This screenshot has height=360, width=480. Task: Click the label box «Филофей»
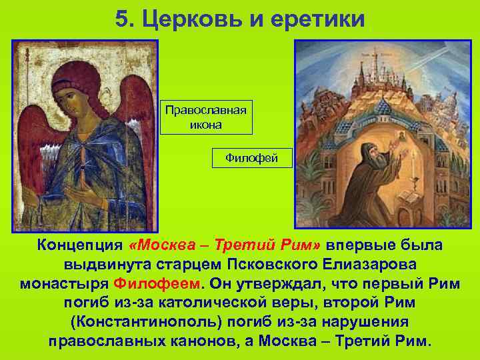(251, 159)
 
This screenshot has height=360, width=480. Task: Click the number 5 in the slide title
(121, 18)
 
